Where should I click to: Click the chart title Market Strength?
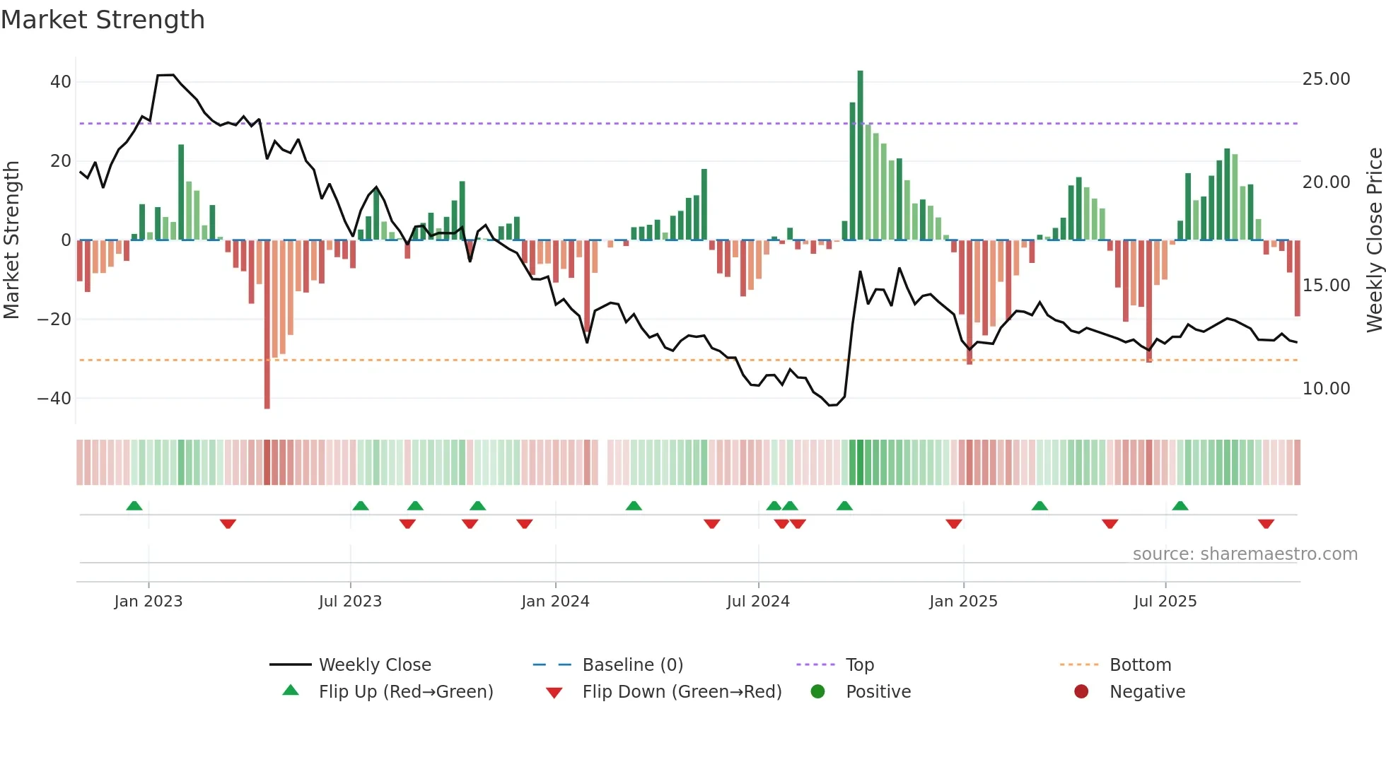pyautogui.click(x=103, y=20)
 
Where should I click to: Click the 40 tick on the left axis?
pyautogui.click(x=61, y=82)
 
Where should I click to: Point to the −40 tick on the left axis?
pyautogui.click(x=54, y=399)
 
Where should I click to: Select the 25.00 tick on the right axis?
pyautogui.click(x=1326, y=79)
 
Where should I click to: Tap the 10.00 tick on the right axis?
pyautogui.click(x=1326, y=389)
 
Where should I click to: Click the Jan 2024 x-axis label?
pyautogui.click(x=555, y=602)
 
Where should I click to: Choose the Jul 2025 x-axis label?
pyautogui.click(x=1165, y=602)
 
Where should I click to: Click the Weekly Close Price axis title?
pyautogui.click(x=1374, y=240)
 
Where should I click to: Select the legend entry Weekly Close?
pyautogui.click(x=374, y=665)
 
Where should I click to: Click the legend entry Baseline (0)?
pyautogui.click(x=632, y=665)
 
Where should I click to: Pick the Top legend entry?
pyautogui.click(x=859, y=665)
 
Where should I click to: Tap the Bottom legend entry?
pyautogui.click(x=1140, y=665)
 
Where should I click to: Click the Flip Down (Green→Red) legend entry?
pyautogui.click(x=682, y=692)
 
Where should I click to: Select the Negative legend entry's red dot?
pyautogui.click(x=1081, y=692)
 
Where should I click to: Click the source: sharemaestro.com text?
pyautogui.click(x=1245, y=554)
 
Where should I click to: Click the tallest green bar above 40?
pyautogui.click(x=860, y=156)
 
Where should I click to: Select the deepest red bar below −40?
pyautogui.click(x=267, y=325)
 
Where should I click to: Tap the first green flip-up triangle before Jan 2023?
pyautogui.click(x=134, y=505)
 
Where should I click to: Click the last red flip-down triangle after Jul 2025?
pyautogui.click(x=1266, y=524)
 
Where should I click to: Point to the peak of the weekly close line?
pyautogui.click(x=165, y=75)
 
